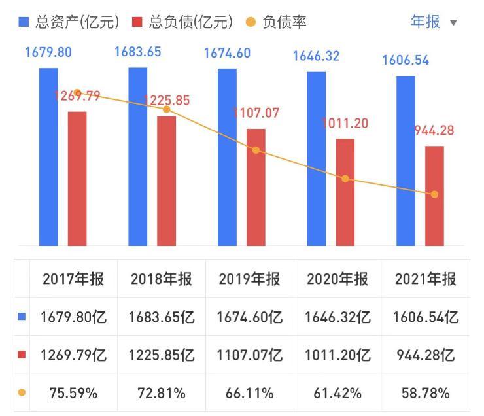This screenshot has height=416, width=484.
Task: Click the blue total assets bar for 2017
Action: pyautogui.click(x=48, y=157)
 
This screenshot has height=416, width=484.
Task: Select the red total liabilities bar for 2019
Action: pyautogui.click(x=256, y=187)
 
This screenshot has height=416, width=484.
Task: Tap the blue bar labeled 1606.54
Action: pyautogui.click(x=406, y=161)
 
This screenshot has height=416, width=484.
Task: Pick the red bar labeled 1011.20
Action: pyautogui.click(x=345, y=192)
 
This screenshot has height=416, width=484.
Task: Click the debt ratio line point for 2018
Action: pyautogui.click(x=167, y=109)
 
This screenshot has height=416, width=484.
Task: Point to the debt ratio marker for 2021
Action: pyautogui.click(x=434, y=194)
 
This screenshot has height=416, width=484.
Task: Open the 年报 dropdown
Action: pyautogui.click(x=434, y=22)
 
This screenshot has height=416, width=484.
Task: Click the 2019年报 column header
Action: pyautogui.click(x=250, y=279)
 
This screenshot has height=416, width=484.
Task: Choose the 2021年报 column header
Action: pyautogui.click(x=426, y=279)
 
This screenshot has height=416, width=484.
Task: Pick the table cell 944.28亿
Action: pyautogui.click(x=426, y=355)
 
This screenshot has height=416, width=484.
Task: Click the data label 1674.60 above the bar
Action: pyautogui.click(x=228, y=54)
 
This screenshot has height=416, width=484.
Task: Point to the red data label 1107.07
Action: pyautogui.click(x=256, y=113)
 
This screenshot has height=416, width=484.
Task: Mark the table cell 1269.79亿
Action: pyautogui.click(x=73, y=355)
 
